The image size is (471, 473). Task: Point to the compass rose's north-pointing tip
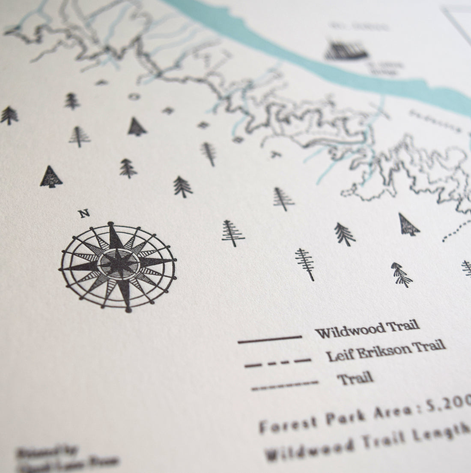[x=113, y=225]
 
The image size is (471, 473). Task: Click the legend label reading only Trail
[x=355, y=378]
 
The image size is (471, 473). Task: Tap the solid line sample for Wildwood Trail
[x=269, y=339]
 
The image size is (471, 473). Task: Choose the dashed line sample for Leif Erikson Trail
[x=277, y=363]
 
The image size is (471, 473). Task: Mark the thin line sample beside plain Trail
[x=285, y=385]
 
